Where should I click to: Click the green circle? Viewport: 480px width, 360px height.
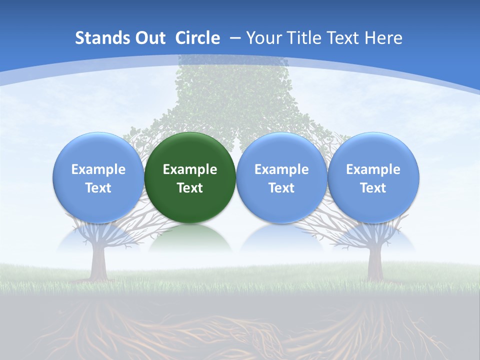click(x=190, y=177)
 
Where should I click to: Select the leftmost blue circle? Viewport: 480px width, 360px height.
click(x=98, y=177)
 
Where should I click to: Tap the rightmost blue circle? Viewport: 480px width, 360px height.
click(x=373, y=177)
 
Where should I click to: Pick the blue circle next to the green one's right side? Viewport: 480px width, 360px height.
click(x=281, y=177)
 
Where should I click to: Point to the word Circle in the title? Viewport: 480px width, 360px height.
click(x=197, y=38)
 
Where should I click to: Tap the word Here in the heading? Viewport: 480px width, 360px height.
click(x=383, y=38)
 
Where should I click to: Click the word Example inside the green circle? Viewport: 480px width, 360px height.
click(x=190, y=169)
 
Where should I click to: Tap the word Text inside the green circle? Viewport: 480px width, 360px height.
click(x=190, y=188)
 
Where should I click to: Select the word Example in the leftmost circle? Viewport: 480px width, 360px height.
click(x=98, y=169)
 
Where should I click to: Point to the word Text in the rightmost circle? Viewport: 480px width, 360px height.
click(x=373, y=188)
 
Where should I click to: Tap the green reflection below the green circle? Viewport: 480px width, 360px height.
click(x=190, y=240)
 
